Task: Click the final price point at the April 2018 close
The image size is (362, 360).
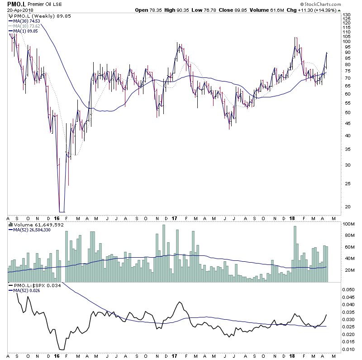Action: (x=327, y=53)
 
